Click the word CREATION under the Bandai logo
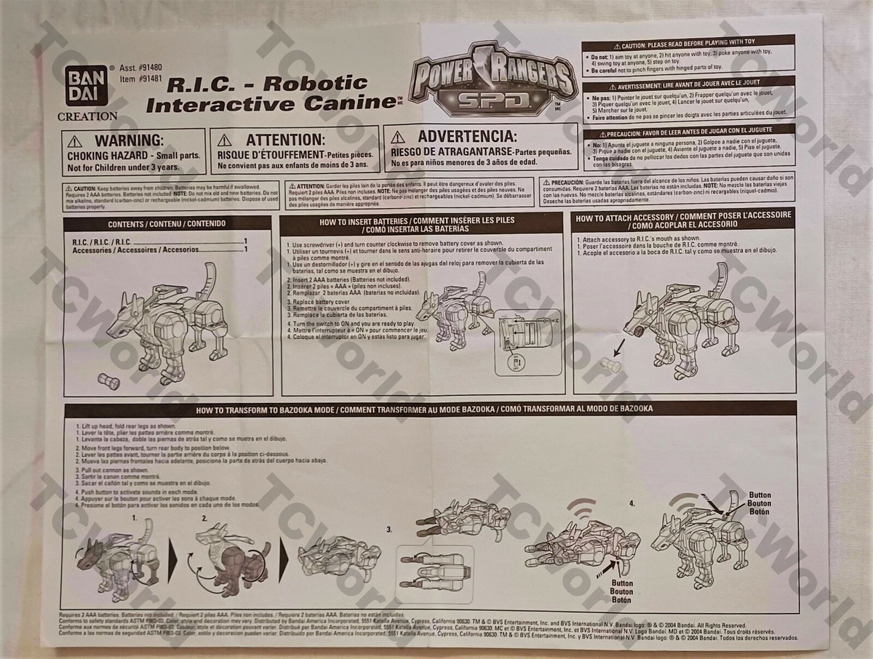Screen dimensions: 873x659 87,116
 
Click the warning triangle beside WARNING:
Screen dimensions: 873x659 76,140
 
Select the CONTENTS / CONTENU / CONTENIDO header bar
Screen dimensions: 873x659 168,223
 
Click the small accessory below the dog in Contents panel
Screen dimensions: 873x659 110,379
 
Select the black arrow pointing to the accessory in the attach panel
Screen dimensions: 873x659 621,343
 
